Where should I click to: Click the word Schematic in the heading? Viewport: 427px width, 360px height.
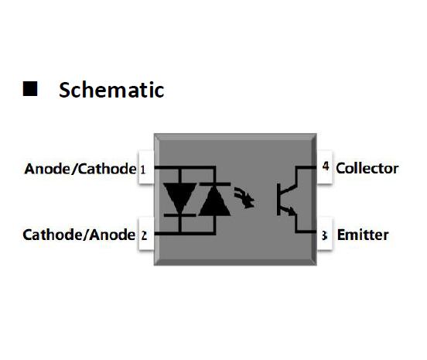tap(111, 90)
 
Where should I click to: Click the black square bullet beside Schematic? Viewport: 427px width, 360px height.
tap(30, 88)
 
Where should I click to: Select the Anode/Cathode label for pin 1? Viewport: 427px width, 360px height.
tap(80, 169)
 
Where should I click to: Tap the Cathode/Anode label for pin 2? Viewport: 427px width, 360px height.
tap(79, 235)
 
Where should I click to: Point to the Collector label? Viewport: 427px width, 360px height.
tap(367, 169)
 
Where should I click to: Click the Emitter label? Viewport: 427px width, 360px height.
tap(363, 235)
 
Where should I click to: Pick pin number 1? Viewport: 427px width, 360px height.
tap(143, 170)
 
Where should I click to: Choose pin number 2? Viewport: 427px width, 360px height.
tap(144, 235)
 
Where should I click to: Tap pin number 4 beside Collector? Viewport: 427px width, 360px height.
tap(326, 166)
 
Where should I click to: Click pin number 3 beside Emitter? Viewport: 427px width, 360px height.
tap(324, 235)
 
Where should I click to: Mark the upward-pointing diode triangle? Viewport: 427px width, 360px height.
tap(215, 201)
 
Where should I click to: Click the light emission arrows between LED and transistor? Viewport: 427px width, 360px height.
tap(244, 197)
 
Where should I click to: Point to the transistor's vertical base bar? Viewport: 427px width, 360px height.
tap(278, 199)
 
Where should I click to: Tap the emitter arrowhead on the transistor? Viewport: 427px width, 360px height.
tap(292, 211)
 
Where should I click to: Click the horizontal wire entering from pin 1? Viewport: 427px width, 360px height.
tap(185, 167)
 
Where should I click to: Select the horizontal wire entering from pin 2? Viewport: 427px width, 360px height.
tap(185, 233)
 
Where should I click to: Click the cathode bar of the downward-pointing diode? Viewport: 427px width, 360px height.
tap(179, 215)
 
